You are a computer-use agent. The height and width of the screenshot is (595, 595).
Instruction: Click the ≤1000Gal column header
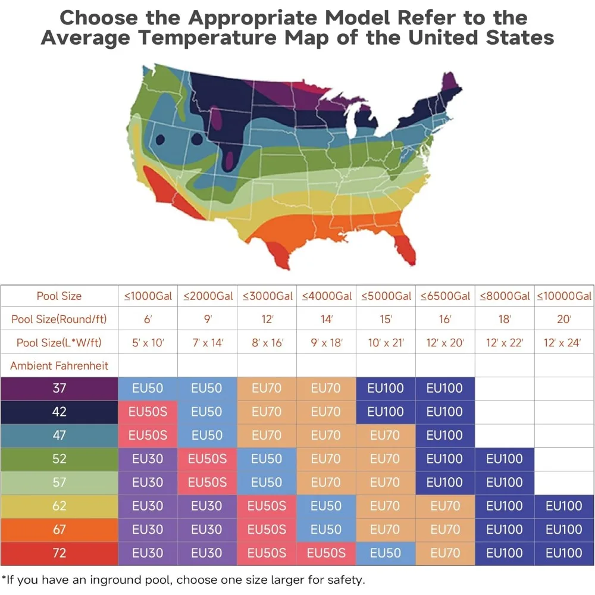tap(148, 296)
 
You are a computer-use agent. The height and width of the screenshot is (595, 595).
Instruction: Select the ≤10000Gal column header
tap(564, 296)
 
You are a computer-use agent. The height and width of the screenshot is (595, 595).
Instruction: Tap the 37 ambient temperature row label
tap(59, 389)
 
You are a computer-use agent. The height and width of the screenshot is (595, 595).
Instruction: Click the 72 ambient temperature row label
tap(59, 553)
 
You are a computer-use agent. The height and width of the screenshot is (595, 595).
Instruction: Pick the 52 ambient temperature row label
tap(59, 459)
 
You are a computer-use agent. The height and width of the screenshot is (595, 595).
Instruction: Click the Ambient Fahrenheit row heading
tap(59, 365)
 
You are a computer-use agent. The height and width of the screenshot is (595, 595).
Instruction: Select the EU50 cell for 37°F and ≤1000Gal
tap(148, 389)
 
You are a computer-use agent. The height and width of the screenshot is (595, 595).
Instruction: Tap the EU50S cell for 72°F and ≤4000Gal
tap(326, 553)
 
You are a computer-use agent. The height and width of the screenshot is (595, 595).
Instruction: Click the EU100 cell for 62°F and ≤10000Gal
tap(564, 506)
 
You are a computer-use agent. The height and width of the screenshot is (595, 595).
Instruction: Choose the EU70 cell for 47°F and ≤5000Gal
tap(386, 436)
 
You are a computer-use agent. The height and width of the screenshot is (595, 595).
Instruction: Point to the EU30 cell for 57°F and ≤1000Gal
tap(148, 483)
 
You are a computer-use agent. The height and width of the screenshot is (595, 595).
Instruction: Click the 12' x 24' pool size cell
tap(564, 343)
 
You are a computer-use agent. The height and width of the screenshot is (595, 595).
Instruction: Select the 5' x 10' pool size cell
tap(148, 343)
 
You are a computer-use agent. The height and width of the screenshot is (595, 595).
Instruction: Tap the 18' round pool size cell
tap(505, 319)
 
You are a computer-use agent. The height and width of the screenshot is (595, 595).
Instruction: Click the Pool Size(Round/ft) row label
tap(59, 319)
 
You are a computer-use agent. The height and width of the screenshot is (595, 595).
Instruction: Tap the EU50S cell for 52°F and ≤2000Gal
tap(208, 459)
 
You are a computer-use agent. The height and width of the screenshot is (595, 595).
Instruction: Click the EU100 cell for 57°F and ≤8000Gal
tap(505, 483)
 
